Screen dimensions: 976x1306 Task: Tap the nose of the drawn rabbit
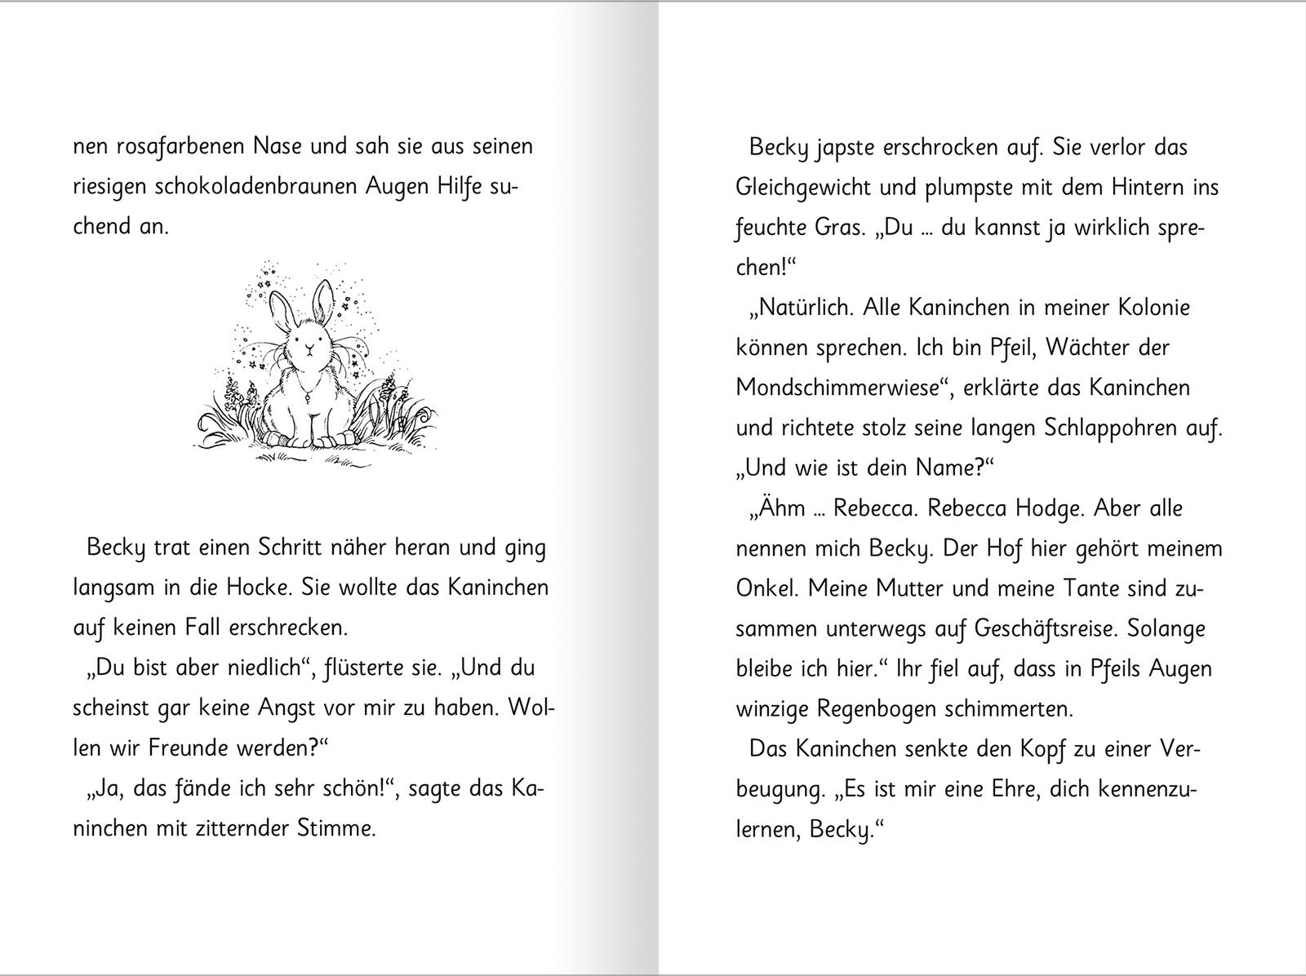tap(308, 349)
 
